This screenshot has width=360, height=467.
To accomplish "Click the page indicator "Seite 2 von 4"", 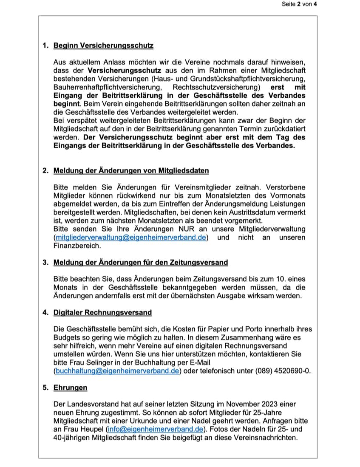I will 299,5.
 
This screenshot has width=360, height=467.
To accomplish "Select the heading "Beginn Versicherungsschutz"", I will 103,45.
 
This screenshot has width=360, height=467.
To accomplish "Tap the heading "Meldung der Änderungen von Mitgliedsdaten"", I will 131,171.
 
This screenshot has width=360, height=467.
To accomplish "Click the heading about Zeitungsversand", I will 140,263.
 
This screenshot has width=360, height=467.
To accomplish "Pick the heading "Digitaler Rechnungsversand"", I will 102,312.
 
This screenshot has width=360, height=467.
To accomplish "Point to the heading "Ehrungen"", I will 70,388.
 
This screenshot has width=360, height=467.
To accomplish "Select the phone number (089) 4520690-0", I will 283,371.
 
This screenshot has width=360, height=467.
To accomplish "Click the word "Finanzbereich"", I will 77,246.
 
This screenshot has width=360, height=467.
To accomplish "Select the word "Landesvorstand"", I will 91,404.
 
